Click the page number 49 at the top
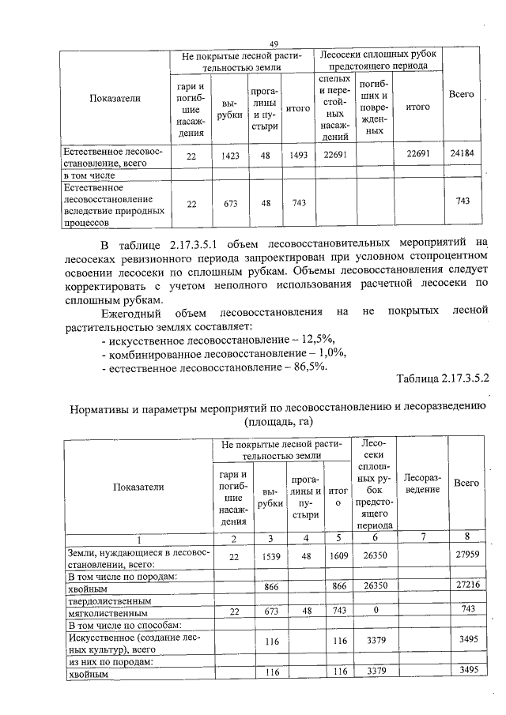[274, 44]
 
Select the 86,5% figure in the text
[308, 367]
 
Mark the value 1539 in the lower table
[270, 557]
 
